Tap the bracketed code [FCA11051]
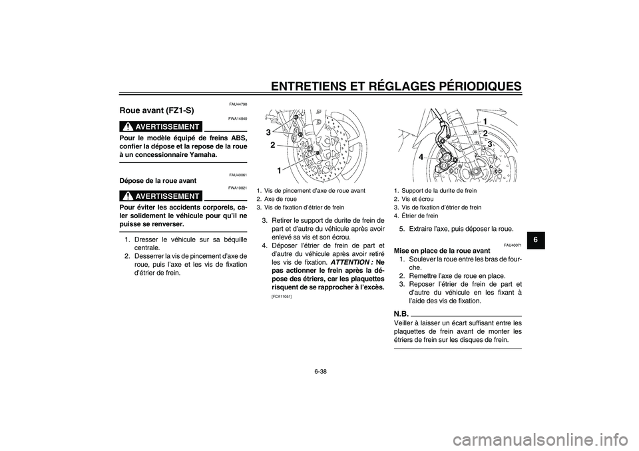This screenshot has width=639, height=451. coord(271,296)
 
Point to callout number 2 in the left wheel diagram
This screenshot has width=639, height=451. coord(272,144)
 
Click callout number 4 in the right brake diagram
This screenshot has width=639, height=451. coord(421,158)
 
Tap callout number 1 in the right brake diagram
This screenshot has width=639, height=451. coord(487,121)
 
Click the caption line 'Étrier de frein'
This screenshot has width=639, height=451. coord(418,216)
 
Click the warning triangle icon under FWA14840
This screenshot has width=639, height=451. coord(126,126)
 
